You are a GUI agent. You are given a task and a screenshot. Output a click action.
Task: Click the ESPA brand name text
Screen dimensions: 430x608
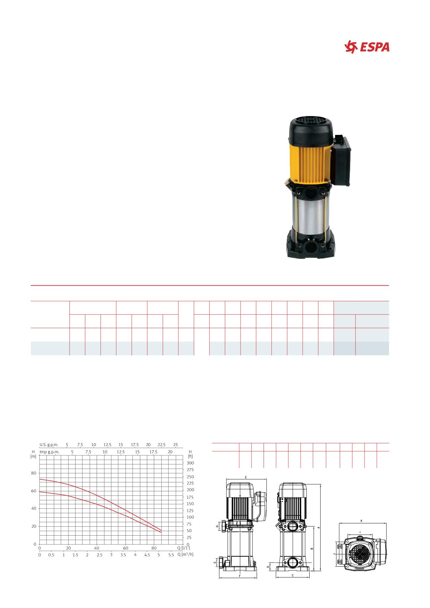(375, 48)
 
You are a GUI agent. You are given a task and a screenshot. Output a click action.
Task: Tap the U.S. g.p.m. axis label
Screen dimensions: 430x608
(49, 444)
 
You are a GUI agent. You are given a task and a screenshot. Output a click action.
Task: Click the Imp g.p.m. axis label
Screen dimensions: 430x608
(49, 452)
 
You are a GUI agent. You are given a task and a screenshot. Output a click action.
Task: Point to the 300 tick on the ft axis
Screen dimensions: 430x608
(190, 463)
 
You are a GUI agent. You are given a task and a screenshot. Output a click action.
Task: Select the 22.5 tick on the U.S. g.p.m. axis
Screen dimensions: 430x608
(161, 444)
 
